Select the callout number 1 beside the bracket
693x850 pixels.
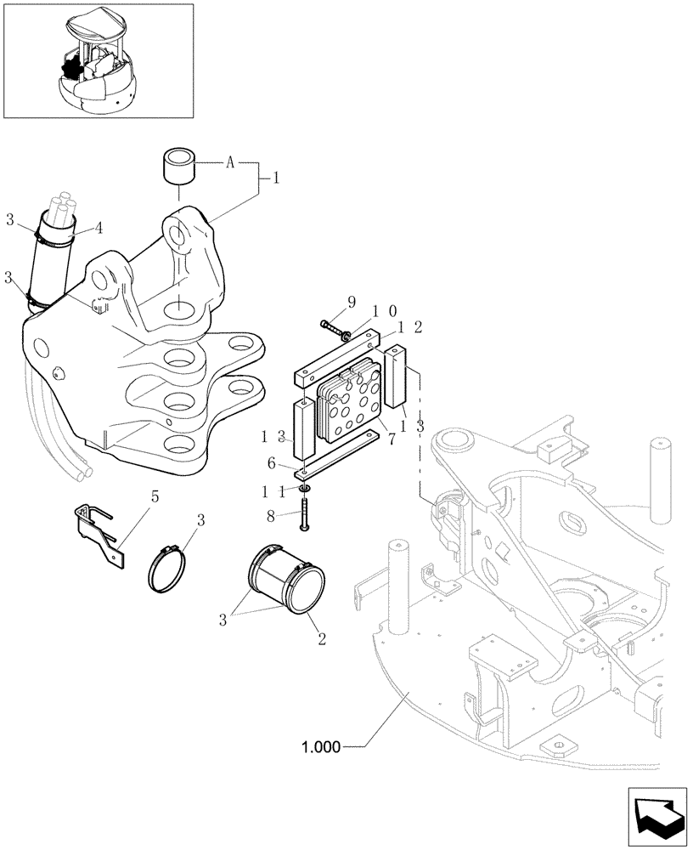(x=274, y=179)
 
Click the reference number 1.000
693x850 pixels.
(x=320, y=748)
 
